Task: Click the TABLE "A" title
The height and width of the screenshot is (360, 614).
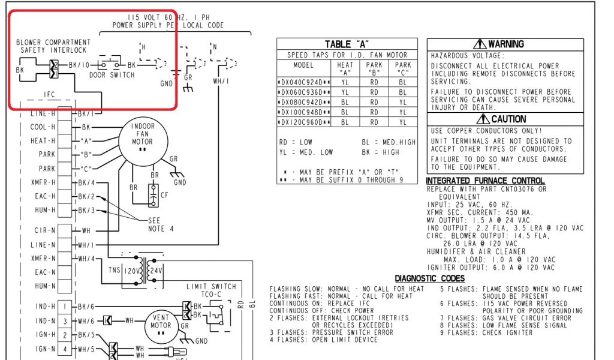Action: click(x=347, y=44)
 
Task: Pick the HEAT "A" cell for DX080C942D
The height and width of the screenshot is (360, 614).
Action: click(x=345, y=102)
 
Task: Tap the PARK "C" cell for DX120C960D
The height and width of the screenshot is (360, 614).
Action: click(x=402, y=122)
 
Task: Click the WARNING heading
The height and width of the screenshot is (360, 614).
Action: click(x=499, y=44)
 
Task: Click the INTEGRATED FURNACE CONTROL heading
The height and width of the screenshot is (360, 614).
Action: click(x=484, y=181)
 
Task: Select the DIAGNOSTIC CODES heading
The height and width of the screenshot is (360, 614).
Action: click(x=429, y=278)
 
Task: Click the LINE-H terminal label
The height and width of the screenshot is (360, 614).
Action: click(x=42, y=113)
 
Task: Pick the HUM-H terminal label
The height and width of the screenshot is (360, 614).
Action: click(x=43, y=210)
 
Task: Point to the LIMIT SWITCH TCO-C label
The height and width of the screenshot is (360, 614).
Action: click(x=210, y=291)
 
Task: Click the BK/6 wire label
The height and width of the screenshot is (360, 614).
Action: click(x=86, y=307)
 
